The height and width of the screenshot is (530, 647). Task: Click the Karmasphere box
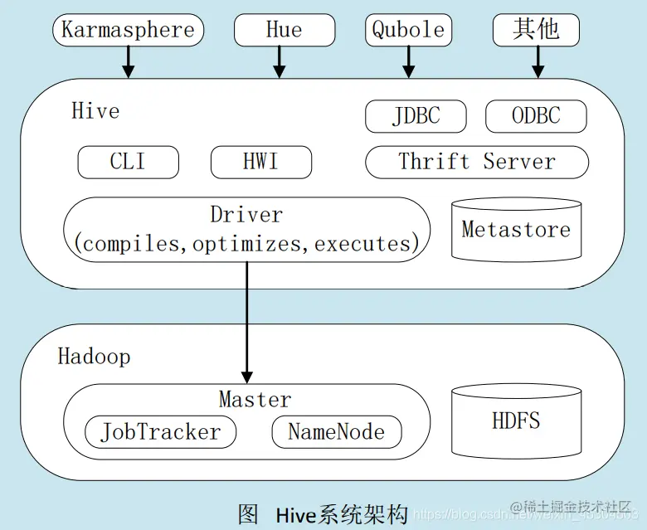(128, 31)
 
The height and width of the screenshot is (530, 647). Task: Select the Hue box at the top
(284, 31)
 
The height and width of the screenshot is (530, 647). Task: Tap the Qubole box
(408, 31)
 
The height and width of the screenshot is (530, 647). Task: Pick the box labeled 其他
(536, 31)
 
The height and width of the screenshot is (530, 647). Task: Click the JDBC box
(416, 116)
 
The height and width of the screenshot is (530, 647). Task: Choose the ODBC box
(536, 116)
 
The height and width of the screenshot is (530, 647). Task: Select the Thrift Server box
(477, 162)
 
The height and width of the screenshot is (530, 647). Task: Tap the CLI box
(128, 162)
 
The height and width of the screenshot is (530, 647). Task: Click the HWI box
(260, 162)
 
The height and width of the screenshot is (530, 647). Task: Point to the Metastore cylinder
(516, 229)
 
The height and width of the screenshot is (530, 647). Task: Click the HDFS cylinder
(516, 421)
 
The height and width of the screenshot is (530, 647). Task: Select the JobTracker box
(161, 432)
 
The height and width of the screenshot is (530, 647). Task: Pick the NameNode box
(336, 432)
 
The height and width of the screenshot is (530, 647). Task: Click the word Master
(255, 400)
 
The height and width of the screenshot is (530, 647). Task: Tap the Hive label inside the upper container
(95, 111)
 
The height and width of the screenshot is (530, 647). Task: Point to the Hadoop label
(94, 357)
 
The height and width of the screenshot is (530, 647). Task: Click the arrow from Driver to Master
(246, 323)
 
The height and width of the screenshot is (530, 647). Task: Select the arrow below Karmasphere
(129, 61)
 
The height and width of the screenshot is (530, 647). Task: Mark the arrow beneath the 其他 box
(537, 61)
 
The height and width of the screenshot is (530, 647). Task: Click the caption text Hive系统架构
(342, 514)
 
